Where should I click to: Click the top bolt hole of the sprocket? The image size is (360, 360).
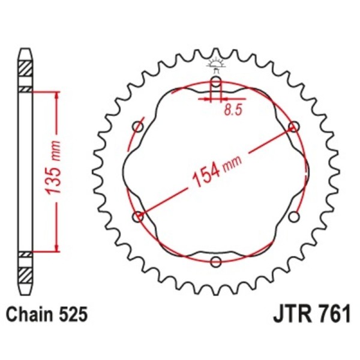point(216,82)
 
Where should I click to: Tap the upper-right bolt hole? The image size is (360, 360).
point(293,127)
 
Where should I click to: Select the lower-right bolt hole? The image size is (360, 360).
point(293,216)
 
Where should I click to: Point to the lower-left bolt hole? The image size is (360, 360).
point(139,216)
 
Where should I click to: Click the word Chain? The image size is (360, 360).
point(29,313)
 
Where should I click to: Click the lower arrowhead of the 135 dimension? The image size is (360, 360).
point(57,248)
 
